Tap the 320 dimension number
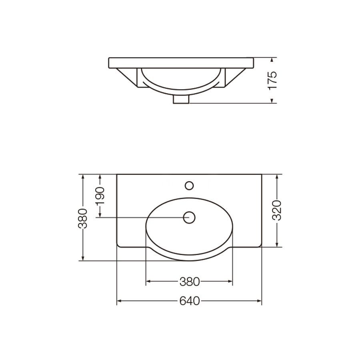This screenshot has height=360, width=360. coord(277,210)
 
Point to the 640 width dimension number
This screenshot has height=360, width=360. coord(189,301)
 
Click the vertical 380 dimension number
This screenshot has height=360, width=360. coord(82,218)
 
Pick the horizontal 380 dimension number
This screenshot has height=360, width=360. coord(189,282)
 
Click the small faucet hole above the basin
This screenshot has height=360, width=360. coord(189,185)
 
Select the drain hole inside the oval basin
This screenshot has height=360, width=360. coord(189,217)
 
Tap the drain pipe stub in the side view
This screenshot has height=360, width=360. coord(181,99)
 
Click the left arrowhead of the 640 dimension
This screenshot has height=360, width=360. coord(119,301)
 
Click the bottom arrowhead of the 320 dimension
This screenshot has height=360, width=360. coord(277,244)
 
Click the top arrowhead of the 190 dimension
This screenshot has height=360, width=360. coord(100,176)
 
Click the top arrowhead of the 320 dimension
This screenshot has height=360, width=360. coord(277,176)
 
